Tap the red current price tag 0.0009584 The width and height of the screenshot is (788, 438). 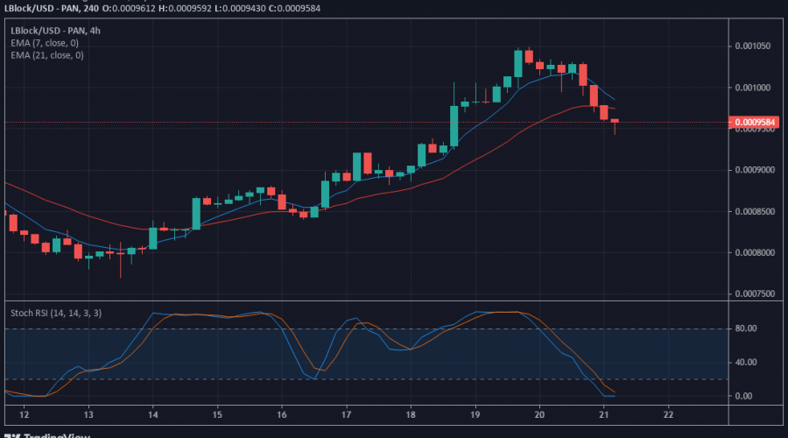coord(754,123)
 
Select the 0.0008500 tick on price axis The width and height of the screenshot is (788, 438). coord(755,211)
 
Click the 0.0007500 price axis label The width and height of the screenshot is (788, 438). coord(755,294)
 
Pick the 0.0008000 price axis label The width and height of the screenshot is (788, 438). coord(755,253)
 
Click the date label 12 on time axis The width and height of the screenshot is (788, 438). coord(24,413)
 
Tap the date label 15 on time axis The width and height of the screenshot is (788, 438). coord(217,413)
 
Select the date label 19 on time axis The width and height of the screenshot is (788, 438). coord(475,413)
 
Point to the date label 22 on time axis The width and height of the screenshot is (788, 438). coord(669,413)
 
